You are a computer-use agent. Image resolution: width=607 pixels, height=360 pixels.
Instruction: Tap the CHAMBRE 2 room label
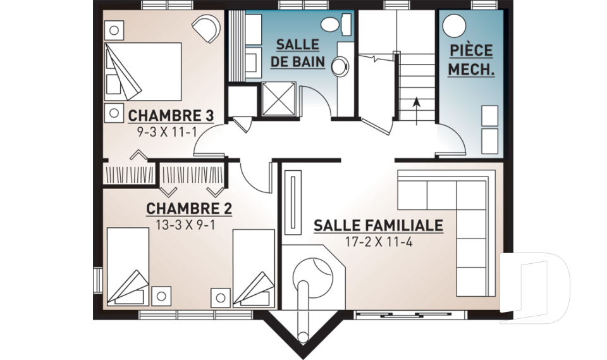coord(189,209)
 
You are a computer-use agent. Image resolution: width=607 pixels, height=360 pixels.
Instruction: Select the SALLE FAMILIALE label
coord(378,225)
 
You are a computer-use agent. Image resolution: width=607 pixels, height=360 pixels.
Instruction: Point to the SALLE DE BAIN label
coord(300,53)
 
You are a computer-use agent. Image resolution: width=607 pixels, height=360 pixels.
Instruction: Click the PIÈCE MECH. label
coord(471,60)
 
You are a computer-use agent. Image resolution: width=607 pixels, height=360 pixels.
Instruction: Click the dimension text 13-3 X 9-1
coord(189,224)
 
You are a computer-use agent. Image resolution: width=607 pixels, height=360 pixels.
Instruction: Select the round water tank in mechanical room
coord(455,26)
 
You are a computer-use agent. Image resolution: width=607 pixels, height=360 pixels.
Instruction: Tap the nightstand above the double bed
coord(114,29)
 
